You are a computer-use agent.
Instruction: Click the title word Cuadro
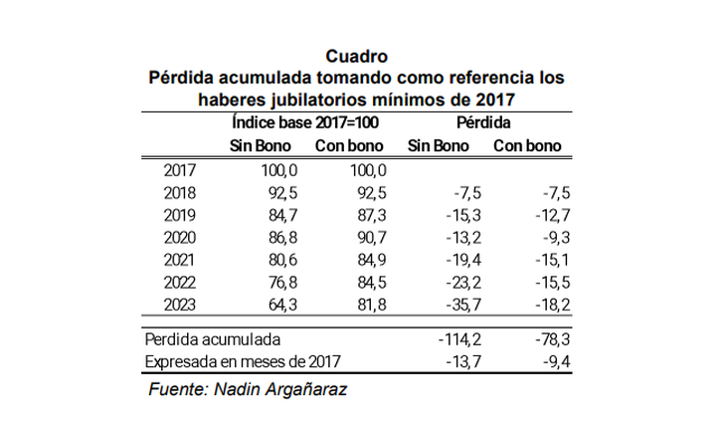click(x=356, y=56)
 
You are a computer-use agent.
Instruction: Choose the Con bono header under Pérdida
click(x=528, y=145)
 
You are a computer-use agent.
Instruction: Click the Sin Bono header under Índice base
click(x=261, y=145)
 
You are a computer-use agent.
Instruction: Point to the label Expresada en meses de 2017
click(x=244, y=361)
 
